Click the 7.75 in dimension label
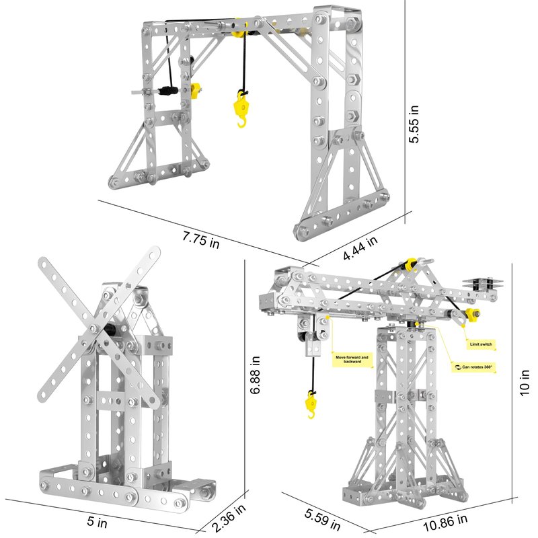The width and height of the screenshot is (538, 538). (200, 240)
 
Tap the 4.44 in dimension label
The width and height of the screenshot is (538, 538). (360, 247)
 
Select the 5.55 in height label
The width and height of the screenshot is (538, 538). (414, 124)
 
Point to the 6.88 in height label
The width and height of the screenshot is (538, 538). (255, 375)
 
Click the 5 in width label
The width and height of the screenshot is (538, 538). (97, 522)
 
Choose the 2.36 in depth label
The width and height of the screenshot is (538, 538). (229, 518)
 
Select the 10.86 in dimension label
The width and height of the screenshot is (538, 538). (445, 523)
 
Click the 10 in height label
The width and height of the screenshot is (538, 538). (525, 383)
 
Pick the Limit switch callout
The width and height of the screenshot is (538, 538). (481, 344)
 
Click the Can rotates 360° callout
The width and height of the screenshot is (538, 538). (473, 367)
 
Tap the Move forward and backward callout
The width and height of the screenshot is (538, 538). (352, 360)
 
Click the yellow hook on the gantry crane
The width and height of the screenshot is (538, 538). (241, 109)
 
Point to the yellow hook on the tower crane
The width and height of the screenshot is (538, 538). (311, 405)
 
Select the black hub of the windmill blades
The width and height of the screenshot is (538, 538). (110, 330)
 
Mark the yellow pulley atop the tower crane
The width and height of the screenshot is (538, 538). (410, 264)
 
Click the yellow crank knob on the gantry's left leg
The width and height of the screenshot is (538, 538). (196, 90)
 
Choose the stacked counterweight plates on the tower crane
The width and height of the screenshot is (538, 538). (483, 284)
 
